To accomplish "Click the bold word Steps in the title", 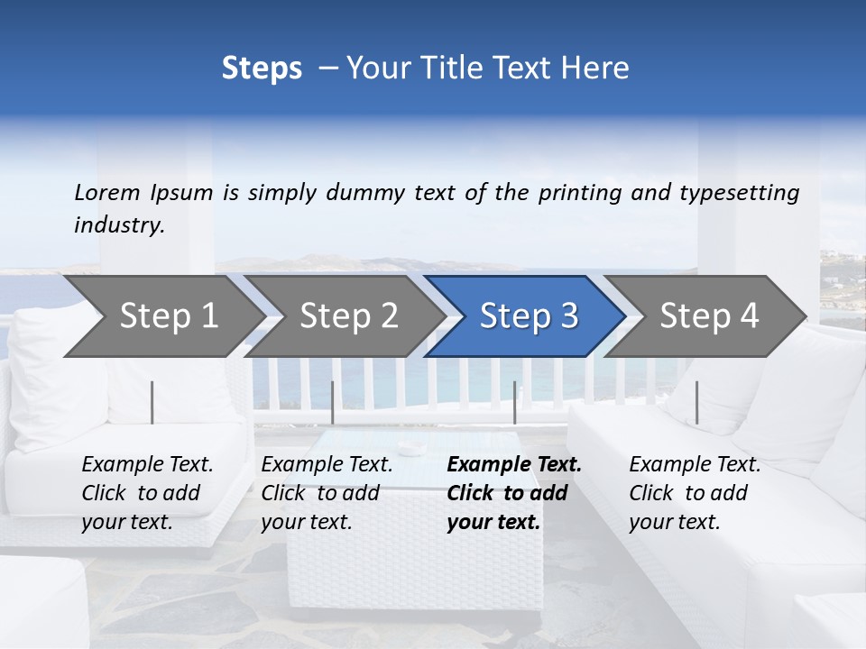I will (262, 69).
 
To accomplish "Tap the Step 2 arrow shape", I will (348, 316).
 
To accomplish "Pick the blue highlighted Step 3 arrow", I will (529, 316).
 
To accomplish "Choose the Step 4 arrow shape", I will (709, 316).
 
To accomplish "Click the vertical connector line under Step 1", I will (152, 402).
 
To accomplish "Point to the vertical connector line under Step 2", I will (333, 402).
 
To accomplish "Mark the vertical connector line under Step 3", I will (515, 402).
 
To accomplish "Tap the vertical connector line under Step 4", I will (697, 402).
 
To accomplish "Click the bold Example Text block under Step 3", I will (514, 493).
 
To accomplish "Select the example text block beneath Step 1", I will (147, 493).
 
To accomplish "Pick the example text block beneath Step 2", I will (327, 493).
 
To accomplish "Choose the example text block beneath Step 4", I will (695, 493).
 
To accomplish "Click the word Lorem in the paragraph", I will (107, 192).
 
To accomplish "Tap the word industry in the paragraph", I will (118, 225).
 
